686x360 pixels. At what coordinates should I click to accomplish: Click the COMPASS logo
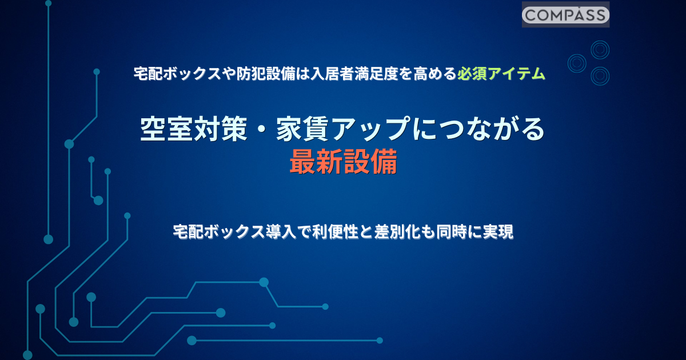click(565, 15)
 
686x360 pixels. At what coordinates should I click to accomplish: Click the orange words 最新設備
click(344, 162)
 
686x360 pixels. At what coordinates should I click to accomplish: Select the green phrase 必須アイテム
click(501, 74)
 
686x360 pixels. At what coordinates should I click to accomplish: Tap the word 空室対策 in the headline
click(194, 129)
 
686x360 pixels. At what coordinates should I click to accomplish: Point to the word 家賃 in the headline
click(302, 129)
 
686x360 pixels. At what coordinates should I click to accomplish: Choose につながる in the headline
click(478, 129)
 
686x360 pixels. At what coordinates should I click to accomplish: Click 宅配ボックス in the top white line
click(178, 74)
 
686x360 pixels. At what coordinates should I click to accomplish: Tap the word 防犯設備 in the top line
click(266, 74)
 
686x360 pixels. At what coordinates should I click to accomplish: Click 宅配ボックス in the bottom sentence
click(220, 232)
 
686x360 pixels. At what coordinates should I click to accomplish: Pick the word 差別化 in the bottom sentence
click(397, 232)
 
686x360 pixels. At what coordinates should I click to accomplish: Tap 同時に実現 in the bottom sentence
click(474, 232)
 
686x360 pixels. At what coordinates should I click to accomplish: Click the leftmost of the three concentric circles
click(577, 63)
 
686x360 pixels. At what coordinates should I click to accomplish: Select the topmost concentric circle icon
click(600, 50)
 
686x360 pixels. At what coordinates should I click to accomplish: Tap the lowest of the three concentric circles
click(600, 76)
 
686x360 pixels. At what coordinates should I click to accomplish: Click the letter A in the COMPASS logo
click(578, 15)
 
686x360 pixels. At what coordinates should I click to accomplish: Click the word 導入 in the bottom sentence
click(281, 232)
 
